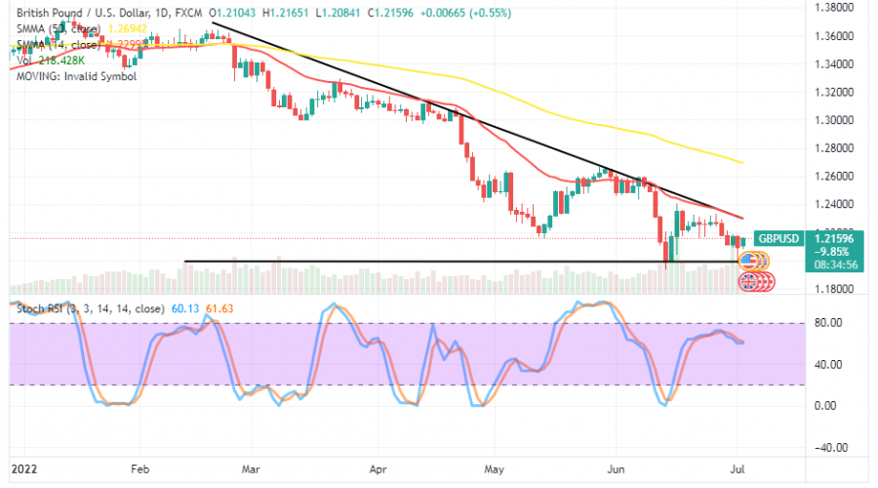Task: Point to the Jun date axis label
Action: click(x=617, y=468)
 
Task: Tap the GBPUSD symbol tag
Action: click(x=779, y=238)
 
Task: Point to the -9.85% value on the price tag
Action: click(x=832, y=250)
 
